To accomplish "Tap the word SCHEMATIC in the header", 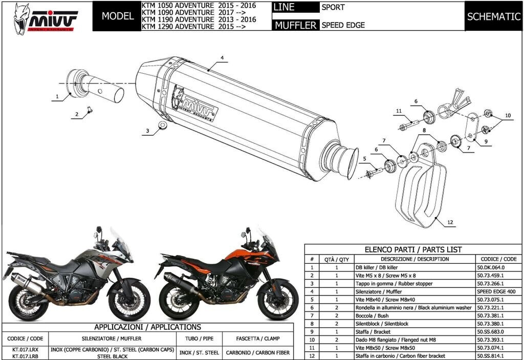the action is pyautogui.click(x=493, y=16).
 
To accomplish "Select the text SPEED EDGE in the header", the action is pyautogui.click(x=343, y=25).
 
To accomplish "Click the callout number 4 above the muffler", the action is pyautogui.click(x=223, y=57).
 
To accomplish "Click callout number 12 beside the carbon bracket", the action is pyautogui.click(x=450, y=223).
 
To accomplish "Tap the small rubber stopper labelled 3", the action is pyautogui.click(x=162, y=126).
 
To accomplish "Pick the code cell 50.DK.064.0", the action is pyautogui.click(x=491, y=267).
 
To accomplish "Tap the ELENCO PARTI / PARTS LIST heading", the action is pyautogui.click(x=412, y=250).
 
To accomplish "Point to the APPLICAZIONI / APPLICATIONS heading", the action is pyautogui.click(x=147, y=327).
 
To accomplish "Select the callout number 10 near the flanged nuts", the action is pyautogui.click(x=508, y=116).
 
